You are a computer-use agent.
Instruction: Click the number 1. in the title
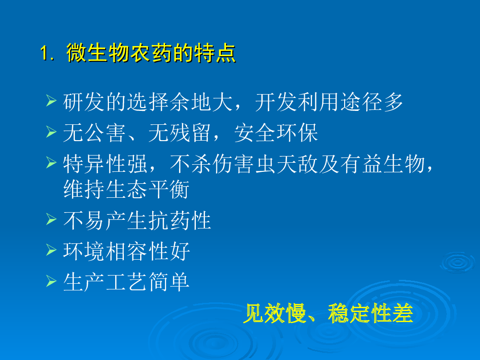(48, 53)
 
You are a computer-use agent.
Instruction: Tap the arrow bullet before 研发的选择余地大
(51, 100)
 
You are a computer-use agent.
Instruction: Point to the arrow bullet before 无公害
(51, 132)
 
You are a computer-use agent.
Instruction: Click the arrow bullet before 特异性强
(51, 162)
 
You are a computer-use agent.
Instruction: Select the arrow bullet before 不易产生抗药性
(51, 219)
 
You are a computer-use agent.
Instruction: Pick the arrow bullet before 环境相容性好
(51, 250)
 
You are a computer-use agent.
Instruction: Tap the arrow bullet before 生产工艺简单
(51, 281)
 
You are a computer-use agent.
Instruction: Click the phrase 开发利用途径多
(329, 102)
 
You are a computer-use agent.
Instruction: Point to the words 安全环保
(276, 133)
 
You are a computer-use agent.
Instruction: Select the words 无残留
(180, 133)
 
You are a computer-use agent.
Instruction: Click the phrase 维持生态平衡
(126, 189)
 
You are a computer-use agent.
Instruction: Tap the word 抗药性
(180, 220)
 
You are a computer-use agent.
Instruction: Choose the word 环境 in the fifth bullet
(84, 252)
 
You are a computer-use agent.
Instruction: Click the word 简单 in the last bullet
(169, 282)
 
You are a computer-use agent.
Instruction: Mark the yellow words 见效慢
(275, 313)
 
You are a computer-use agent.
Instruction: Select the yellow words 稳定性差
(371, 313)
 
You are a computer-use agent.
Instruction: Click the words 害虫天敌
(276, 164)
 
